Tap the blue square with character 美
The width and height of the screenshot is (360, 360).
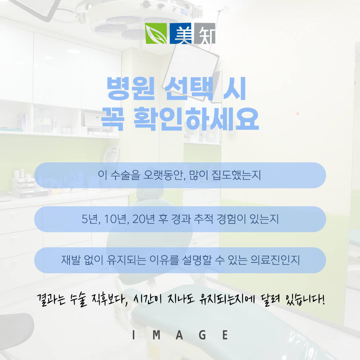[181, 33]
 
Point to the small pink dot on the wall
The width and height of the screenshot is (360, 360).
[298, 114]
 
